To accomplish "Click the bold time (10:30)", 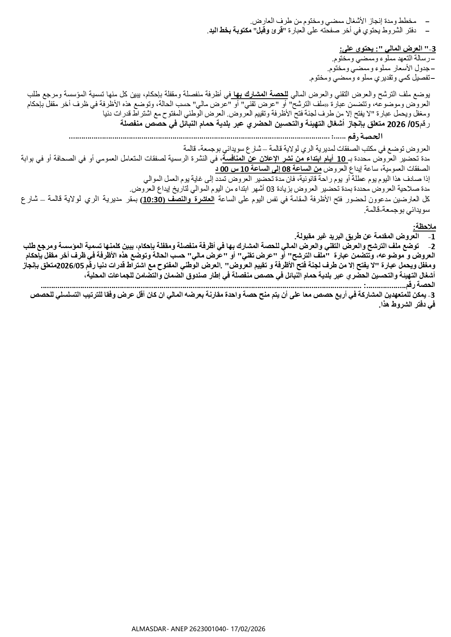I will [153, 199].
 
